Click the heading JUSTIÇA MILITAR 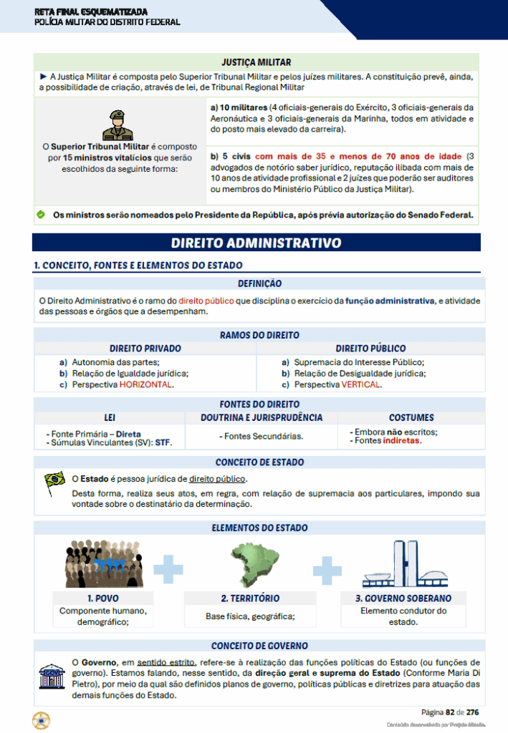pyautogui.click(x=257, y=62)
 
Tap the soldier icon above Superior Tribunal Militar pyautogui.click(x=118, y=125)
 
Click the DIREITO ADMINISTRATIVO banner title pyautogui.click(x=256, y=243)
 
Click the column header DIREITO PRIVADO pyautogui.click(x=145, y=349)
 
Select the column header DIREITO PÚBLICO pyautogui.click(x=370, y=349)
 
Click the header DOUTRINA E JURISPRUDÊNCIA pyautogui.click(x=261, y=417)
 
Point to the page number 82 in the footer pyautogui.click(x=450, y=712)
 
